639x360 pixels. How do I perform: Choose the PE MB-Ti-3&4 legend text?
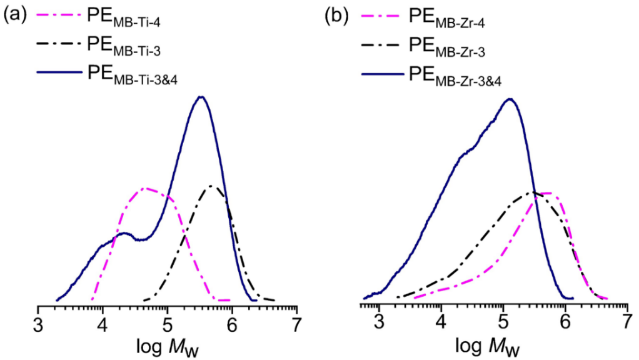138,74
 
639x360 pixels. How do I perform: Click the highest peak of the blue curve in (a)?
201,97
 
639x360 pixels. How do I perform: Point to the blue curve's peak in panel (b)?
510,99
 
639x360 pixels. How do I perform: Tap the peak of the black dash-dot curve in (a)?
211,186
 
